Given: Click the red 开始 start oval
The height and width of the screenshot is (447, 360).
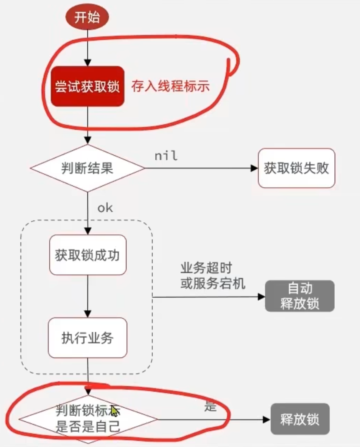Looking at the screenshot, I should point(87,18).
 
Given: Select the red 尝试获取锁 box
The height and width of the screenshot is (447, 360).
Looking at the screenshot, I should point(87,86).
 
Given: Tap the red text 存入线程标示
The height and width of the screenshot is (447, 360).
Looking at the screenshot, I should point(170,86).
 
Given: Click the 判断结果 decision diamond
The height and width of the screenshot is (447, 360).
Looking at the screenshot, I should point(87,168).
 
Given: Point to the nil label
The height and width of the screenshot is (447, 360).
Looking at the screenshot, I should point(166,156).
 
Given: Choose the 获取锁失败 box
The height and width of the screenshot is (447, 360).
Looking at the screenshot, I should point(296,168).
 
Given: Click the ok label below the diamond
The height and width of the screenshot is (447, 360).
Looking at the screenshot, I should point(105,208).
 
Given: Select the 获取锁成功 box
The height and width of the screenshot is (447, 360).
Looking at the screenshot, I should point(87,255).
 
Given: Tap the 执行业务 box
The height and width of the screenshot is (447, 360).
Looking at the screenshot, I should point(87,337).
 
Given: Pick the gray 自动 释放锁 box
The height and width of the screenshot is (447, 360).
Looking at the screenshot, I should point(299,296).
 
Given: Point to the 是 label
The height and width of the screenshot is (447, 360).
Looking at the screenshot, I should point(210,406).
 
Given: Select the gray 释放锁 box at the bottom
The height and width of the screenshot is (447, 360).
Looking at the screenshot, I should point(300,419).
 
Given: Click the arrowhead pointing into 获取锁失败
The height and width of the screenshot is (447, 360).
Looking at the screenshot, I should point(254,168).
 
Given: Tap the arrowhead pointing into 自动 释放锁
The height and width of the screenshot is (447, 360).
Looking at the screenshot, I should point(261,297).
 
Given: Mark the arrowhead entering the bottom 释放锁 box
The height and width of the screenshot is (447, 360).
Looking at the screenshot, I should point(267,419).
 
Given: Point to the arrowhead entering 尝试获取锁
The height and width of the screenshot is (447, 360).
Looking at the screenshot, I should point(87,63).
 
